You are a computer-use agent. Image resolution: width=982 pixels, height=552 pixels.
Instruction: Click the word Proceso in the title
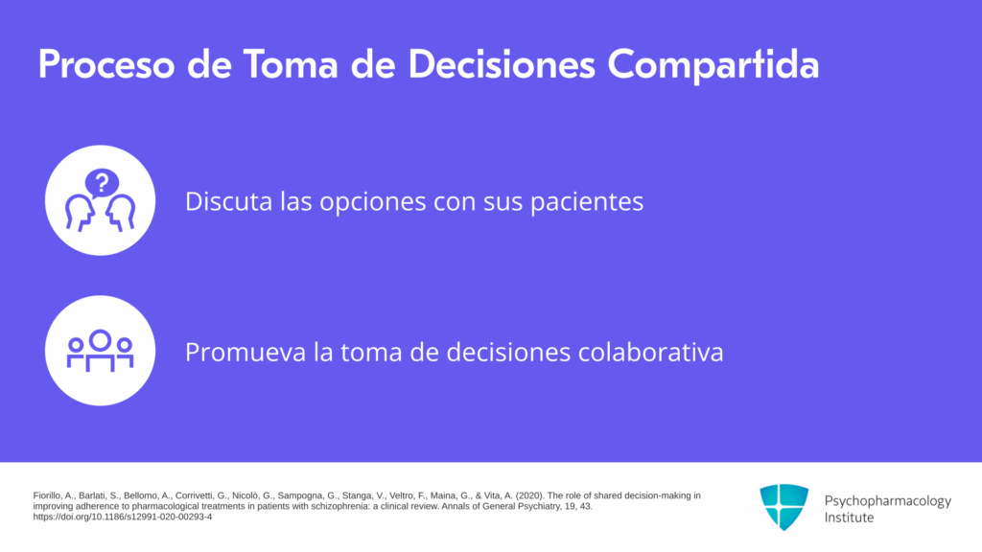106,64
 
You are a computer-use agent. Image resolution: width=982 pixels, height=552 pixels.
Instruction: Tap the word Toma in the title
291,64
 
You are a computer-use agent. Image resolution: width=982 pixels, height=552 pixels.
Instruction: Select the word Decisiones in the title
501,64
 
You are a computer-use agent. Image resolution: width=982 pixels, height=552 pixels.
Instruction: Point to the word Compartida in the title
713,65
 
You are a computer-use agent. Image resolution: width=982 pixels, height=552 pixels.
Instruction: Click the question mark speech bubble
102,183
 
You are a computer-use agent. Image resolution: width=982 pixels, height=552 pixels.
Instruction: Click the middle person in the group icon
100,349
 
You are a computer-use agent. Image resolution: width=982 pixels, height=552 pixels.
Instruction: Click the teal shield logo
784,507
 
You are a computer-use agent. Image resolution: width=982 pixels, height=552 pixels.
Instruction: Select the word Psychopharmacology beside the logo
887,501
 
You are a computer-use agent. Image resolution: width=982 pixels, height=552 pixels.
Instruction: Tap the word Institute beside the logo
849,517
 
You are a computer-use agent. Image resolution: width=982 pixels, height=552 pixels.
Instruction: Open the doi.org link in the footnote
123,517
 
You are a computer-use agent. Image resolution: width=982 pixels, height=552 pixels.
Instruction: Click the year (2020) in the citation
529,495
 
